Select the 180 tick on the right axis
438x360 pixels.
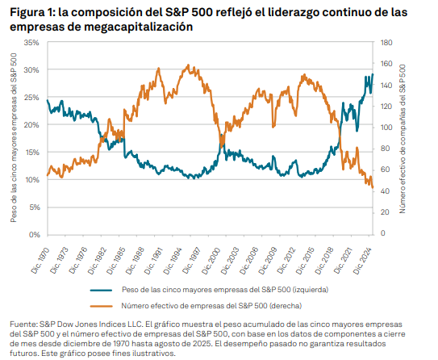coord(386,42)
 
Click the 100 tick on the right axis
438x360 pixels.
coord(386,128)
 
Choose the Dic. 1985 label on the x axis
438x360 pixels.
coord(121,254)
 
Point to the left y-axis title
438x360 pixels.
coord(14,137)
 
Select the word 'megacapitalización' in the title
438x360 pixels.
coord(140,26)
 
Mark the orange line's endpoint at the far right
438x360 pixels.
coord(373,187)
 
